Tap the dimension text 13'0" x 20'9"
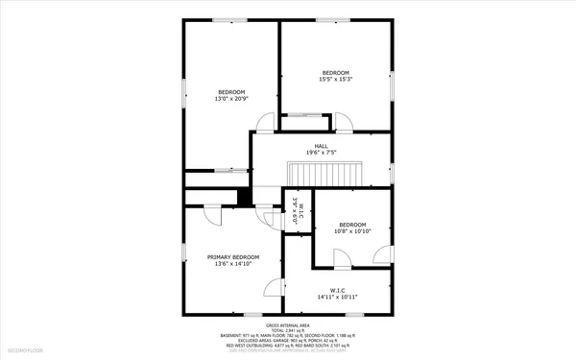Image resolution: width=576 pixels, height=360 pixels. (231, 99)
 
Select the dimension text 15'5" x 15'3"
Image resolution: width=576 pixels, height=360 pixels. (334, 80)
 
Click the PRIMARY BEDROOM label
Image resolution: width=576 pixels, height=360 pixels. (233, 257)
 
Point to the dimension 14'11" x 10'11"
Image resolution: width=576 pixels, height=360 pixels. (337, 297)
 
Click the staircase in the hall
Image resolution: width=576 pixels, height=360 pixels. (324, 174)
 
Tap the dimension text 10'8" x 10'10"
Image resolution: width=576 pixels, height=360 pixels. (351, 230)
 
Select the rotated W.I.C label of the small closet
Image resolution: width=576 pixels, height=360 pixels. (300, 212)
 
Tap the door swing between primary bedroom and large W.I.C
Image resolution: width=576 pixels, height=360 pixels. (275, 287)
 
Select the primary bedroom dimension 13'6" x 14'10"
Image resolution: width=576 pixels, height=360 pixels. (233, 264)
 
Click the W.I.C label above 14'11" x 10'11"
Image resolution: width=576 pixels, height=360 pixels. (337, 290)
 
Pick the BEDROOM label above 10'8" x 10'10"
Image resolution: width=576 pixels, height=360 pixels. (351, 224)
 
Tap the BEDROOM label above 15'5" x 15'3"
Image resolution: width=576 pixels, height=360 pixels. (334, 73)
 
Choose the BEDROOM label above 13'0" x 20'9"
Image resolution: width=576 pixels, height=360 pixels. (231, 92)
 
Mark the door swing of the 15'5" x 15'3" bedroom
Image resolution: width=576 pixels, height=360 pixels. (343, 121)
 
